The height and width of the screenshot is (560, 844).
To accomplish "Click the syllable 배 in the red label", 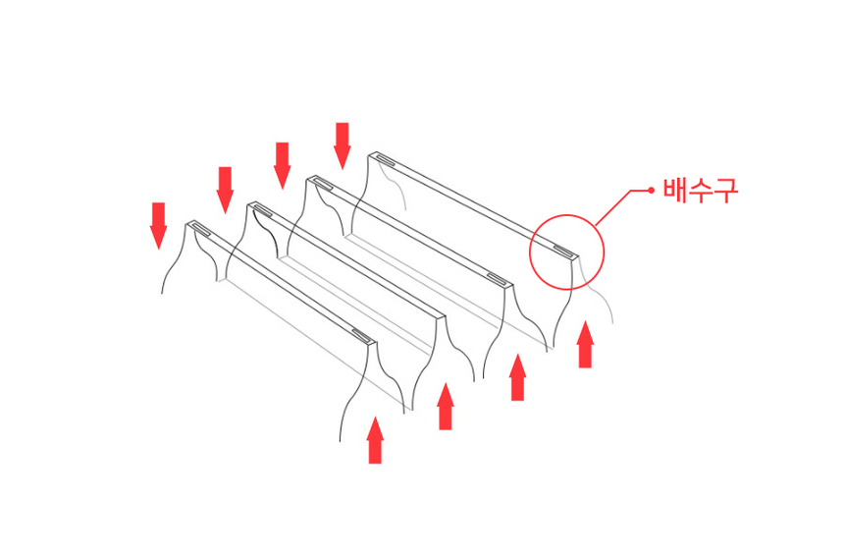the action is click(675, 190).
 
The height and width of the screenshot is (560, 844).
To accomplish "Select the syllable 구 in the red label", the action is click(724, 191).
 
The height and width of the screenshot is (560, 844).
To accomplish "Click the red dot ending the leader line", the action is click(652, 190).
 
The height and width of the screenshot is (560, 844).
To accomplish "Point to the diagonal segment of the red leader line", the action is click(613, 207).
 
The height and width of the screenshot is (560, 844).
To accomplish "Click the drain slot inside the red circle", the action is click(564, 251).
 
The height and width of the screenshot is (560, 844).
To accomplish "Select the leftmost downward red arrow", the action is click(158, 226).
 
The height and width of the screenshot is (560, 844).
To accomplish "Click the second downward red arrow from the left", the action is click(225, 191).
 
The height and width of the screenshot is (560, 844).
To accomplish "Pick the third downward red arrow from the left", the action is click(282, 165).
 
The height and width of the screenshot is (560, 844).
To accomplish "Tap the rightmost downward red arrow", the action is click(342, 146).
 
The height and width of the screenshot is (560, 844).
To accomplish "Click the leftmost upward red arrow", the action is click(375, 440).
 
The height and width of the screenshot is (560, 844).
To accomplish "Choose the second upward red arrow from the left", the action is click(446, 406).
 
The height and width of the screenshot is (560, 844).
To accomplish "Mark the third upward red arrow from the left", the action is click(518, 377).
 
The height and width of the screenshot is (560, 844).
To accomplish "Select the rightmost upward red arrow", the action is click(585, 344).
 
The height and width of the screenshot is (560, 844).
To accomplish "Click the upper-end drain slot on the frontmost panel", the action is click(202, 229).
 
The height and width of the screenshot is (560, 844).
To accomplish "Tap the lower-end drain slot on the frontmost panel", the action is click(362, 336).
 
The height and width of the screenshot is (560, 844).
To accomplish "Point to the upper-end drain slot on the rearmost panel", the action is click(386, 159).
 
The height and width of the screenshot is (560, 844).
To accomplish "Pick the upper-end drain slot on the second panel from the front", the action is click(263, 209).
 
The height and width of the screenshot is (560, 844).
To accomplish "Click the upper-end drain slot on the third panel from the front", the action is click(323, 184).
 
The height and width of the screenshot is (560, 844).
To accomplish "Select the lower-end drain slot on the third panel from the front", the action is click(498, 279).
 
